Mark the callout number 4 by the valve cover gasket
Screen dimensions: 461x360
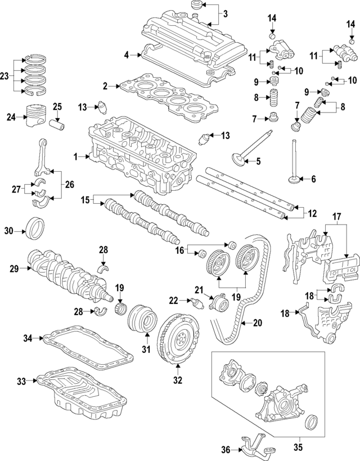[127, 55]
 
